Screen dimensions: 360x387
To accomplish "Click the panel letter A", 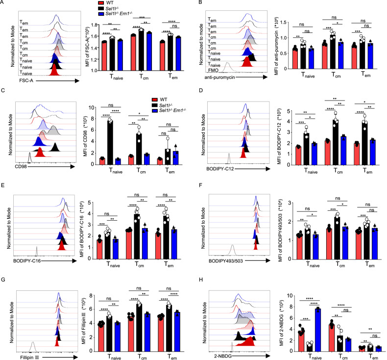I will coord(3,3).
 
